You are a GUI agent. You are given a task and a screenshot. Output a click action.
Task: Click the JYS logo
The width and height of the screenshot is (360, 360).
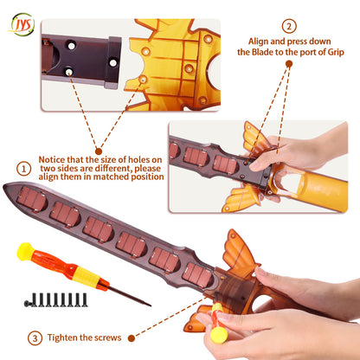tap(22, 24)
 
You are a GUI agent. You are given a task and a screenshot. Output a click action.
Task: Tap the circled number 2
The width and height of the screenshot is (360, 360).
tap(289, 27)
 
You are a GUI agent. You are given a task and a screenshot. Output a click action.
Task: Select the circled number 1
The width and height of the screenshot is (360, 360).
tap(24, 169)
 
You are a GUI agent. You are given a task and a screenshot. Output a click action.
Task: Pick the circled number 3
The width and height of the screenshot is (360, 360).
tap(35, 337)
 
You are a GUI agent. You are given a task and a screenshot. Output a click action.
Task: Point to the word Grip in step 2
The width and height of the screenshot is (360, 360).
tap(336, 53)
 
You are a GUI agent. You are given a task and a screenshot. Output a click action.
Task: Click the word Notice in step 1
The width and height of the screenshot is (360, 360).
tap(52, 159)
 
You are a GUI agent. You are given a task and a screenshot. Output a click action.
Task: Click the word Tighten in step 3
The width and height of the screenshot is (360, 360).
tap(61, 337)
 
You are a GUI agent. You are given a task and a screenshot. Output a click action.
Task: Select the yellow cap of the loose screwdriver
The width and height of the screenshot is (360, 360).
tap(25, 251)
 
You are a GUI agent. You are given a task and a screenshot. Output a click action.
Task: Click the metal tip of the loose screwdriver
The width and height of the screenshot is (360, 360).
tap(150, 305)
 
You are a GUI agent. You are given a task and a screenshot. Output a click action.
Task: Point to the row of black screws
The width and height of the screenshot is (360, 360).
tap(56, 300)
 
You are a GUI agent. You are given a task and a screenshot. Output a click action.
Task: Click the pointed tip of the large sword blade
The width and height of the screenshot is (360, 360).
tap(4, 186)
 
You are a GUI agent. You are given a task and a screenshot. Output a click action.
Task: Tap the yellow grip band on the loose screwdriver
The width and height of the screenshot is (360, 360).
tap(87, 277)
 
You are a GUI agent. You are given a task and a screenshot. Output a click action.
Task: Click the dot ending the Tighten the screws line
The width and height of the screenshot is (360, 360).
tap(132, 338)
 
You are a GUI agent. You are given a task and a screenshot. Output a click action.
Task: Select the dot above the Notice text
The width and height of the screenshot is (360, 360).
tap(99, 151)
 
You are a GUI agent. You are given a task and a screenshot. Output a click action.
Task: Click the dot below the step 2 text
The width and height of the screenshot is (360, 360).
tap(289, 64)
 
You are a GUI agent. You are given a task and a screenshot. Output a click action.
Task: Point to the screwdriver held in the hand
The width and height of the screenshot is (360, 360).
tap(218, 323)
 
